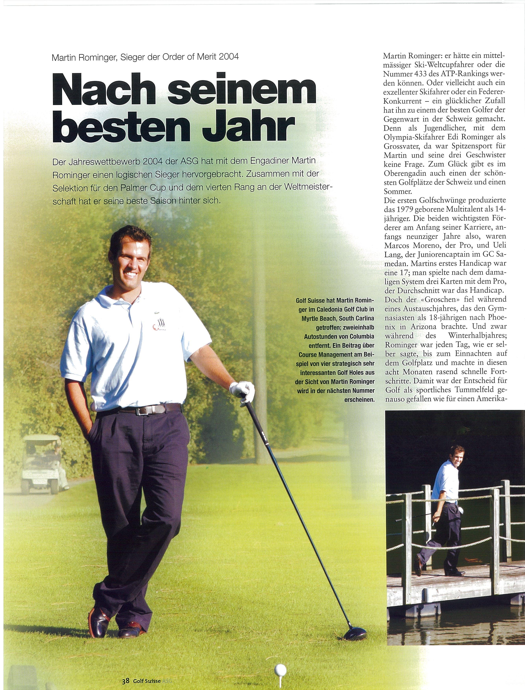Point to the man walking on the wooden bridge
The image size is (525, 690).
point(444,512)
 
